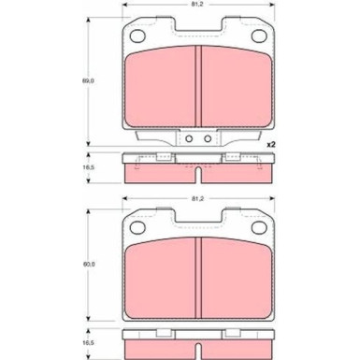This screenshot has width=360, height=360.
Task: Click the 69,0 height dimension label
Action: [x=86, y=82]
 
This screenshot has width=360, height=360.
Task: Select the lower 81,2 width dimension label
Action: [x=197, y=199]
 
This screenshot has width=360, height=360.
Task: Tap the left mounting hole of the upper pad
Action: [x=137, y=37]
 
